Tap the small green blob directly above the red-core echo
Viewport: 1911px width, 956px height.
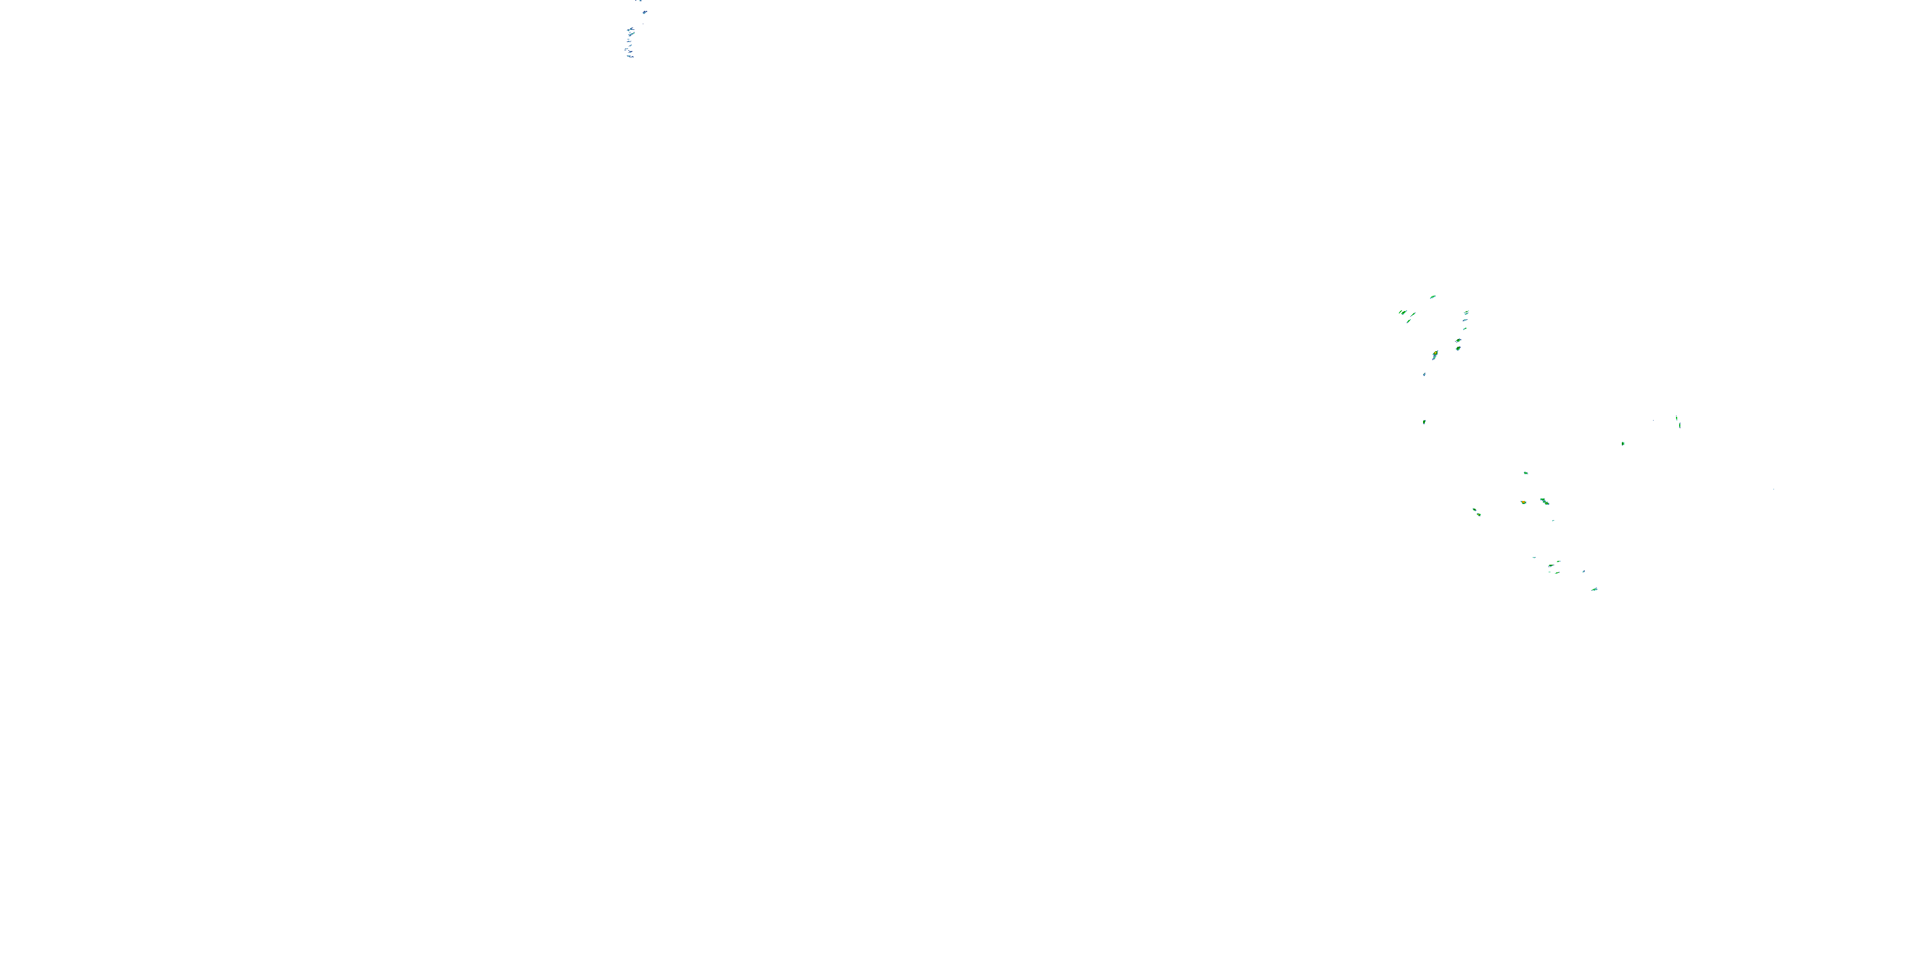pos(1526,473)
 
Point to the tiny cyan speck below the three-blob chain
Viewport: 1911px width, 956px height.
pos(1553,520)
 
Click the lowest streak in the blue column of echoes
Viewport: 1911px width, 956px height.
pos(630,55)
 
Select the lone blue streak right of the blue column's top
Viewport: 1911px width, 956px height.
pos(644,13)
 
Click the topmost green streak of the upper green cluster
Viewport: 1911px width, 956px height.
pos(1433,297)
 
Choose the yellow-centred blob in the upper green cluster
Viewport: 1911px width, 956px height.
pos(1435,355)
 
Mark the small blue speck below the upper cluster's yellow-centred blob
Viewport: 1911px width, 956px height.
pos(1424,374)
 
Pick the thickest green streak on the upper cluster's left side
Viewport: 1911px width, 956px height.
pos(1412,315)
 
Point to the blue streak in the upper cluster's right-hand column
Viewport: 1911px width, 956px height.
pos(1466,320)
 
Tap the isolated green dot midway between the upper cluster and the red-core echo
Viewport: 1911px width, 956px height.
pos(1424,421)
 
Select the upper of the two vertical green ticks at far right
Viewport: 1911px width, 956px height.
pos(1677,419)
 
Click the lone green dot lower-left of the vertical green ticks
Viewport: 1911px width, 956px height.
pos(1623,443)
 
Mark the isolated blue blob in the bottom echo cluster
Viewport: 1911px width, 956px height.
pos(1583,571)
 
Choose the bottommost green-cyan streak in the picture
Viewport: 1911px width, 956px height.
pos(1594,590)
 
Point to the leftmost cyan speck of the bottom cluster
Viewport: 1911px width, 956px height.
pos(1534,558)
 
